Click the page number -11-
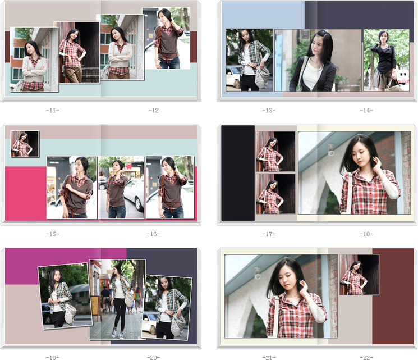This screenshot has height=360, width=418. click(x=53, y=110)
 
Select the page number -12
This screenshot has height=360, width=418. click(x=154, y=110)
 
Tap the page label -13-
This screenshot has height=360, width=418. click(x=269, y=110)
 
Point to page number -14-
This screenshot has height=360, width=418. click(x=366, y=110)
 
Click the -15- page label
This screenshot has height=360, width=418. click(x=53, y=234)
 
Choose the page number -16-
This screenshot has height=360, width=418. click(x=154, y=234)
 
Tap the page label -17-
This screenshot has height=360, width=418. click(x=269, y=234)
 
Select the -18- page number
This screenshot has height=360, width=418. click(x=366, y=234)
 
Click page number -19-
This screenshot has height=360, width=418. click(x=53, y=357)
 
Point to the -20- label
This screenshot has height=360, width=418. click(x=154, y=357)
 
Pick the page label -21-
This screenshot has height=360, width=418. click(x=269, y=357)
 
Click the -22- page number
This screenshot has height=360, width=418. click(x=366, y=357)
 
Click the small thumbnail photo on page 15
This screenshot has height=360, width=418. click(x=25, y=144)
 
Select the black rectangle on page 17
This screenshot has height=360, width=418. click(x=238, y=173)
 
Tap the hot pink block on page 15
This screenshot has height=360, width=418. click(x=26, y=193)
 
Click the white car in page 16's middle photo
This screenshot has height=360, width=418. click(x=135, y=194)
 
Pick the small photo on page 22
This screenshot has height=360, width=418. click(x=359, y=275)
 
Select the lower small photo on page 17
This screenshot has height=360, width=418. click(x=275, y=194)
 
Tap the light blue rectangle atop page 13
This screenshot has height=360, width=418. click(x=263, y=15)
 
